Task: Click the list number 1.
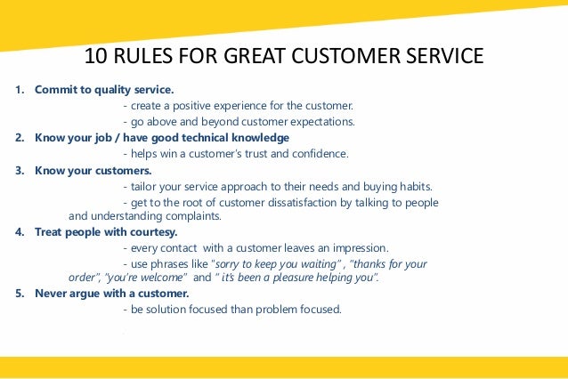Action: (x=19, y=90)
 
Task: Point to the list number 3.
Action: (x=19, y=170)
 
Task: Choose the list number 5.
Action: (x=19, y=293)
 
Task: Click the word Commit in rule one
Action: (x=54, y=90)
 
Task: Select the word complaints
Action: (x=190, y=216)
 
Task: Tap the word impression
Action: (x=357, y=248)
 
